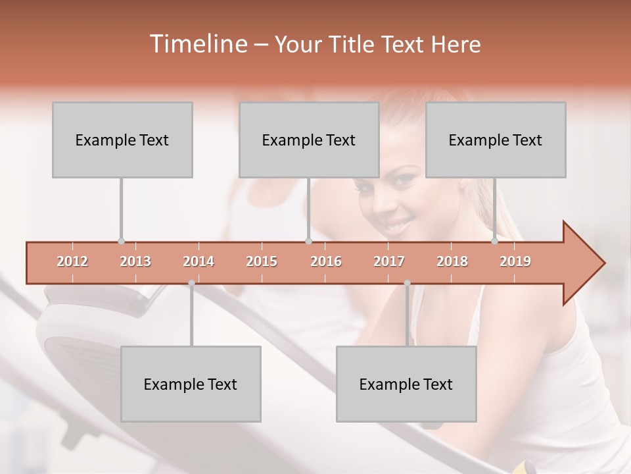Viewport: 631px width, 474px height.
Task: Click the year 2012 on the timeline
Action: [72, 261]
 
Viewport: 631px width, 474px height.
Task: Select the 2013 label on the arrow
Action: [135, 261]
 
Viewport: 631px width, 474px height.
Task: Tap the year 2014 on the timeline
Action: [199, 261]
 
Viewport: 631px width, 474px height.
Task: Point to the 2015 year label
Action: [262, 261]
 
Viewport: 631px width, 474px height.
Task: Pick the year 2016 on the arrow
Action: [326, 261]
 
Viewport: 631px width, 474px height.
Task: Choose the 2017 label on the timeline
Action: [389, 261]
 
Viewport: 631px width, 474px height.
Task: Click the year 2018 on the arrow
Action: [452, 261]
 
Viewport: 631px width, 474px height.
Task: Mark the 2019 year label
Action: [515, 261]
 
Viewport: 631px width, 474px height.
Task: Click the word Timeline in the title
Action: [198, 44]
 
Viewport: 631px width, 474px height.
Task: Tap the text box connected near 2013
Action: [122, 140]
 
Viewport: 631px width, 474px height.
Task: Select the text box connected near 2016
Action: [309, 140]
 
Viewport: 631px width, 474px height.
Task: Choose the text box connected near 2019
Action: [496, 140]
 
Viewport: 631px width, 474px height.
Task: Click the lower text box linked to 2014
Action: [191, 384]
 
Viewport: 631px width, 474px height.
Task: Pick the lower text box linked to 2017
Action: [406, 384]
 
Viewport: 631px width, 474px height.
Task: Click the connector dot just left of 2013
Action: [121, 241]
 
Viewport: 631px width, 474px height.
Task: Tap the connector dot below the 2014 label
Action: [191, 283]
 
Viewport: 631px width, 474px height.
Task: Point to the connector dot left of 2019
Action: [495, 241]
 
